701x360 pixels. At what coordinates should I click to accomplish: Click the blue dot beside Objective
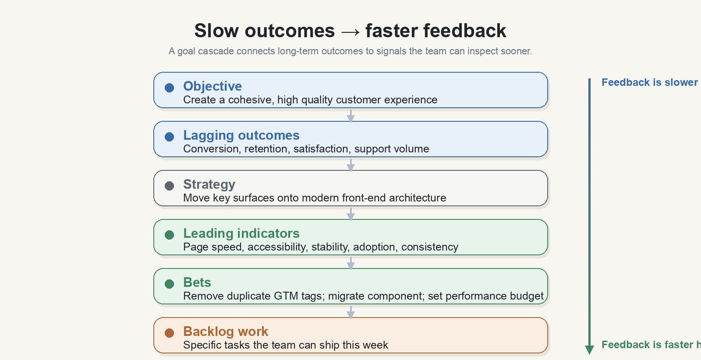[x=169, y=88]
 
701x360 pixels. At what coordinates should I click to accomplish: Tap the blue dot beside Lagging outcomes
[x=169, y=137]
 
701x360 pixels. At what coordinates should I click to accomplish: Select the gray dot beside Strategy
[x=169, y=186]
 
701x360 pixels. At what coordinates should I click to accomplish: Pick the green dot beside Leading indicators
[x=169, y=235]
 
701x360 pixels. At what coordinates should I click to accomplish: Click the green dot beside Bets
[x=169, y=284]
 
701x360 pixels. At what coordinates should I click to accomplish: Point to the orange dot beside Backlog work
[x=169, y=333]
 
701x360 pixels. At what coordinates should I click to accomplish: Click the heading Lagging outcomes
[x=241, y=135]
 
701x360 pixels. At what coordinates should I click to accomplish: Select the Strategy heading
[x=209, y=184]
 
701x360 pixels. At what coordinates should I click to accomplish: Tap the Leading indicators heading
[x=241, y=233]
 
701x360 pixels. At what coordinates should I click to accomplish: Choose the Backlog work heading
[x=226, y=332]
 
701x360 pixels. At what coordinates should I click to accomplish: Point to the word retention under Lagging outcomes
[x=266, y=149]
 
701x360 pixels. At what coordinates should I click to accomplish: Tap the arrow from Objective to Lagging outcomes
[x=351, y=116]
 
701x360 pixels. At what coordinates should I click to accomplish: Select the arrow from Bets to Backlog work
[x=351, y=312]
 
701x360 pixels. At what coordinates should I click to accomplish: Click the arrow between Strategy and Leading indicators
[x=351, y=214]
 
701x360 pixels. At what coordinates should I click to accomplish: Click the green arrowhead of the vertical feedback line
[x=590, y=349]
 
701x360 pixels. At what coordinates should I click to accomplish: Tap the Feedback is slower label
[x=650, y=83]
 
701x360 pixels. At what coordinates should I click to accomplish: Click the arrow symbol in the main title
[x=350, y=32]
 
